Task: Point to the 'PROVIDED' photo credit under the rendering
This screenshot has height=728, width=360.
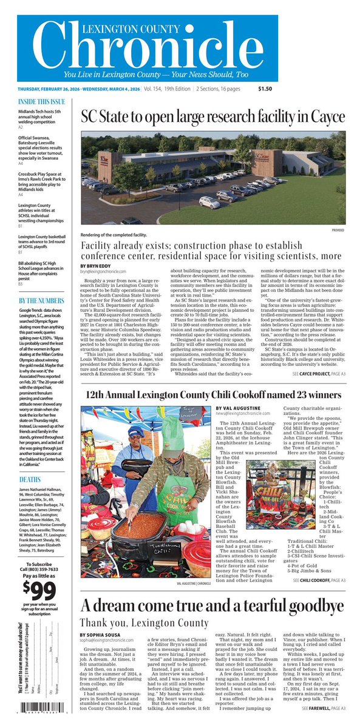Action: [x=338, y=231]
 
